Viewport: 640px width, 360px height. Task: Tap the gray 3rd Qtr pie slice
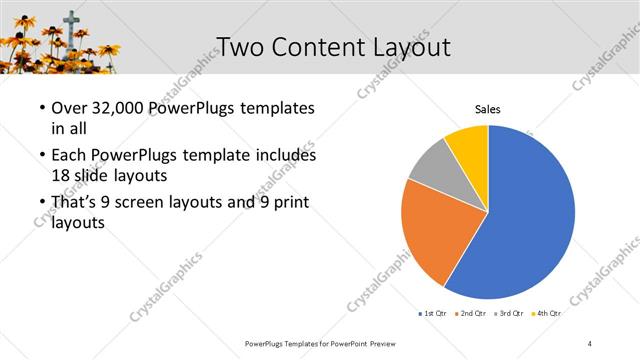(x=432, y=164)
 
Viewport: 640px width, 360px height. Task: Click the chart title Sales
(x=487, y=109)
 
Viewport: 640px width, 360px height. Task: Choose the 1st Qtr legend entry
(x=433, y=314)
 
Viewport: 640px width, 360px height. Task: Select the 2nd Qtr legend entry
(x=472, y=314)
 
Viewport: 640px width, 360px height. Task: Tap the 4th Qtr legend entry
(x=547, y=314)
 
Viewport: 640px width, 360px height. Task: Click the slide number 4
(x=590, y=343)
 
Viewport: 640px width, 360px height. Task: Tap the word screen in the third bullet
(x=155, y=203)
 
